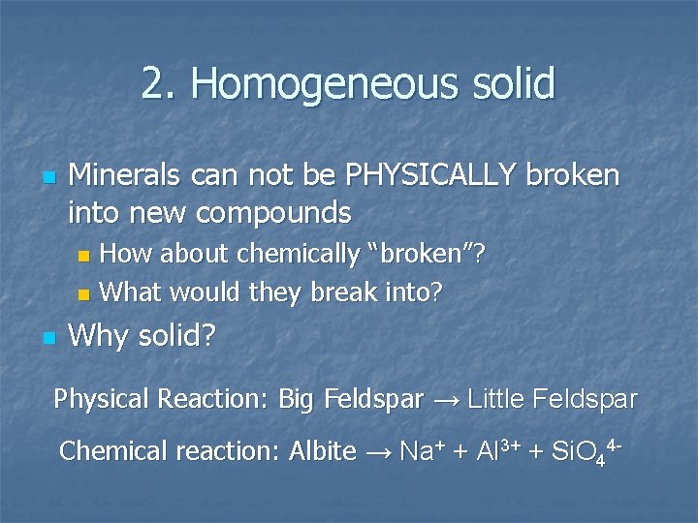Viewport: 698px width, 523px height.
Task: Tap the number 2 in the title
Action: [151, 84]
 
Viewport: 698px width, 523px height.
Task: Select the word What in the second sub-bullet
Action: [131, 291]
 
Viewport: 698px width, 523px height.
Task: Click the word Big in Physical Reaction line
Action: [297, 398]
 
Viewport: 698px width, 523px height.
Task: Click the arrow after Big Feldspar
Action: [445, 399]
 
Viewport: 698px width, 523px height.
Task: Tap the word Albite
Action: [323, 451]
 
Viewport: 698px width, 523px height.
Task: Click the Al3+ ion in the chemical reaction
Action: [496, 450]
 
